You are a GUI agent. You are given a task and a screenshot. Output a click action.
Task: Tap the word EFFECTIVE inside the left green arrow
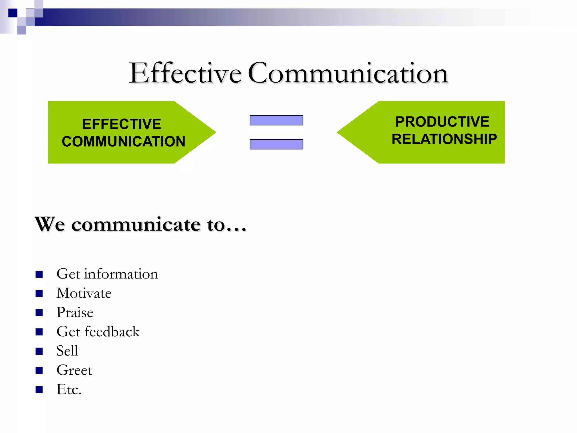[121, 124]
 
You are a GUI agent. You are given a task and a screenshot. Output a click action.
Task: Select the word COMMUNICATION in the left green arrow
[123, 141]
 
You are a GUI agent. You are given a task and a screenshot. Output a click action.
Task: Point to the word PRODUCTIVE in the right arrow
[442, 122]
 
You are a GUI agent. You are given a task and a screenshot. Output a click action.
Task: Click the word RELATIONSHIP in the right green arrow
[444, 139]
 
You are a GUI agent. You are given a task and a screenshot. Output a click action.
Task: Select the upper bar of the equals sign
[276, 120]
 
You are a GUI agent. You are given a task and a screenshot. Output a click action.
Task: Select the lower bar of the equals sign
[276, 144]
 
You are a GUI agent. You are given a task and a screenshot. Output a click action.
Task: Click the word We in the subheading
[50, 224]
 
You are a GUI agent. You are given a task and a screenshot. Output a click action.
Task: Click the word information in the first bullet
[121, 274]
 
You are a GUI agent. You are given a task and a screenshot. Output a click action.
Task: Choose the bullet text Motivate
[84, 293]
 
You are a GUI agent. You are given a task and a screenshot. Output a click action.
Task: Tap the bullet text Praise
[75, 312]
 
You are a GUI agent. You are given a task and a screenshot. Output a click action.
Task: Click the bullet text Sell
[67, 351]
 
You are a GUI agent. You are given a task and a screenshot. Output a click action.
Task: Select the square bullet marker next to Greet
[39, 370]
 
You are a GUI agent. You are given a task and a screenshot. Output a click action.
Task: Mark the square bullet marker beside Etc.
[39, 390]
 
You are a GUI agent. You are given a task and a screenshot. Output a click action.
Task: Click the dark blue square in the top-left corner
[13, 13]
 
